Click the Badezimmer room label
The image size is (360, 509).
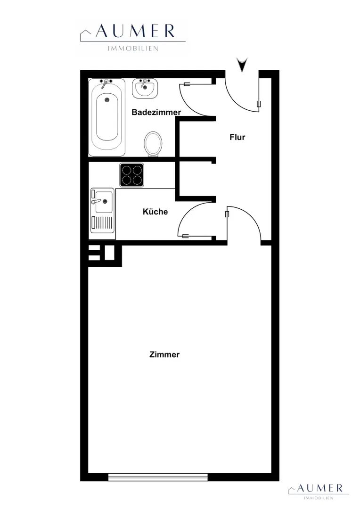coord(156,112)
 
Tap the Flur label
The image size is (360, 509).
coord(237,137)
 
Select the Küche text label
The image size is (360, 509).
coord(155,212)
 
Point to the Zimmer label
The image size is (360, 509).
coord(164,354)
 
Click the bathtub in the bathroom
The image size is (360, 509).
coord(107,117)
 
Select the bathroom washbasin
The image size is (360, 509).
coord(145,88)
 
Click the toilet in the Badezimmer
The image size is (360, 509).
coord(153,144)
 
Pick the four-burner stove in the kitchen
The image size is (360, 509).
coord(131,175)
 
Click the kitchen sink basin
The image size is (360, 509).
coord(104,202)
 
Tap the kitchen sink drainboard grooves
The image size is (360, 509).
coord(103,222)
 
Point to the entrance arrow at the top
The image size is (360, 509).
coord(242,65)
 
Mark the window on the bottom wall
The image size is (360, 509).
coord(158,477)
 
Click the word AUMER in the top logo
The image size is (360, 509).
coord(135,31)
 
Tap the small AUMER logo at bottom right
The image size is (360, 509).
coord(319,491)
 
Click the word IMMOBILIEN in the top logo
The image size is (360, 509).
coord(133,49)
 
